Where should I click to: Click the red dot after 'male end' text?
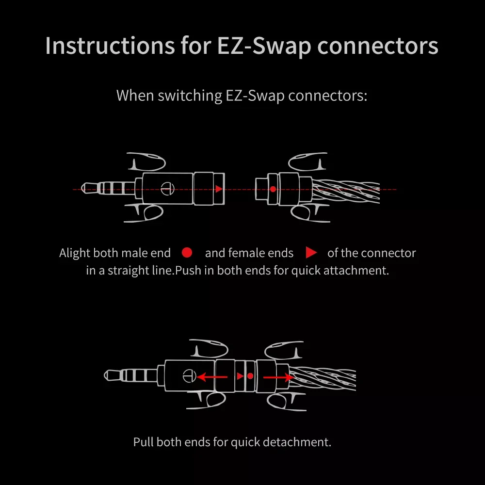(187, 253)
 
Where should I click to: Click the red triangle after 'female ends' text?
(311, 253)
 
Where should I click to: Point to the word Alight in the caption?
(75, 253)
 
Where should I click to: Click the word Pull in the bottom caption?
(144, 442)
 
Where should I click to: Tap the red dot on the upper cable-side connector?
(273, 189)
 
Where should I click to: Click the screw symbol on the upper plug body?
(167, 189)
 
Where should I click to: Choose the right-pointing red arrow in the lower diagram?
(278, 376)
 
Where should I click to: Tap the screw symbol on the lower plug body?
(189, 375)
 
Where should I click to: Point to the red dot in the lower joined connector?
(250, 376)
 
